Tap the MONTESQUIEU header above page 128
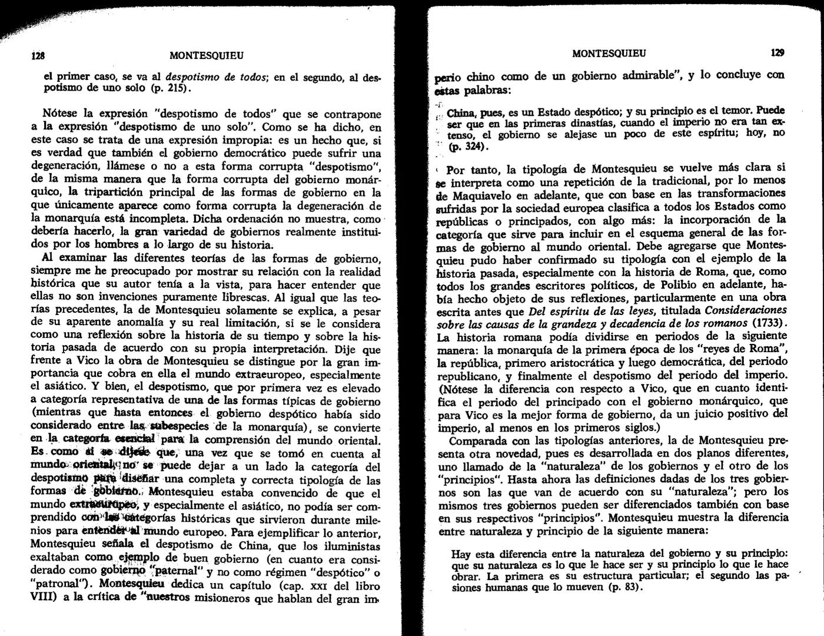[206, 56]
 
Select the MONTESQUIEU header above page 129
[609, 53]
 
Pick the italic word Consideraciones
[745, 310]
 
